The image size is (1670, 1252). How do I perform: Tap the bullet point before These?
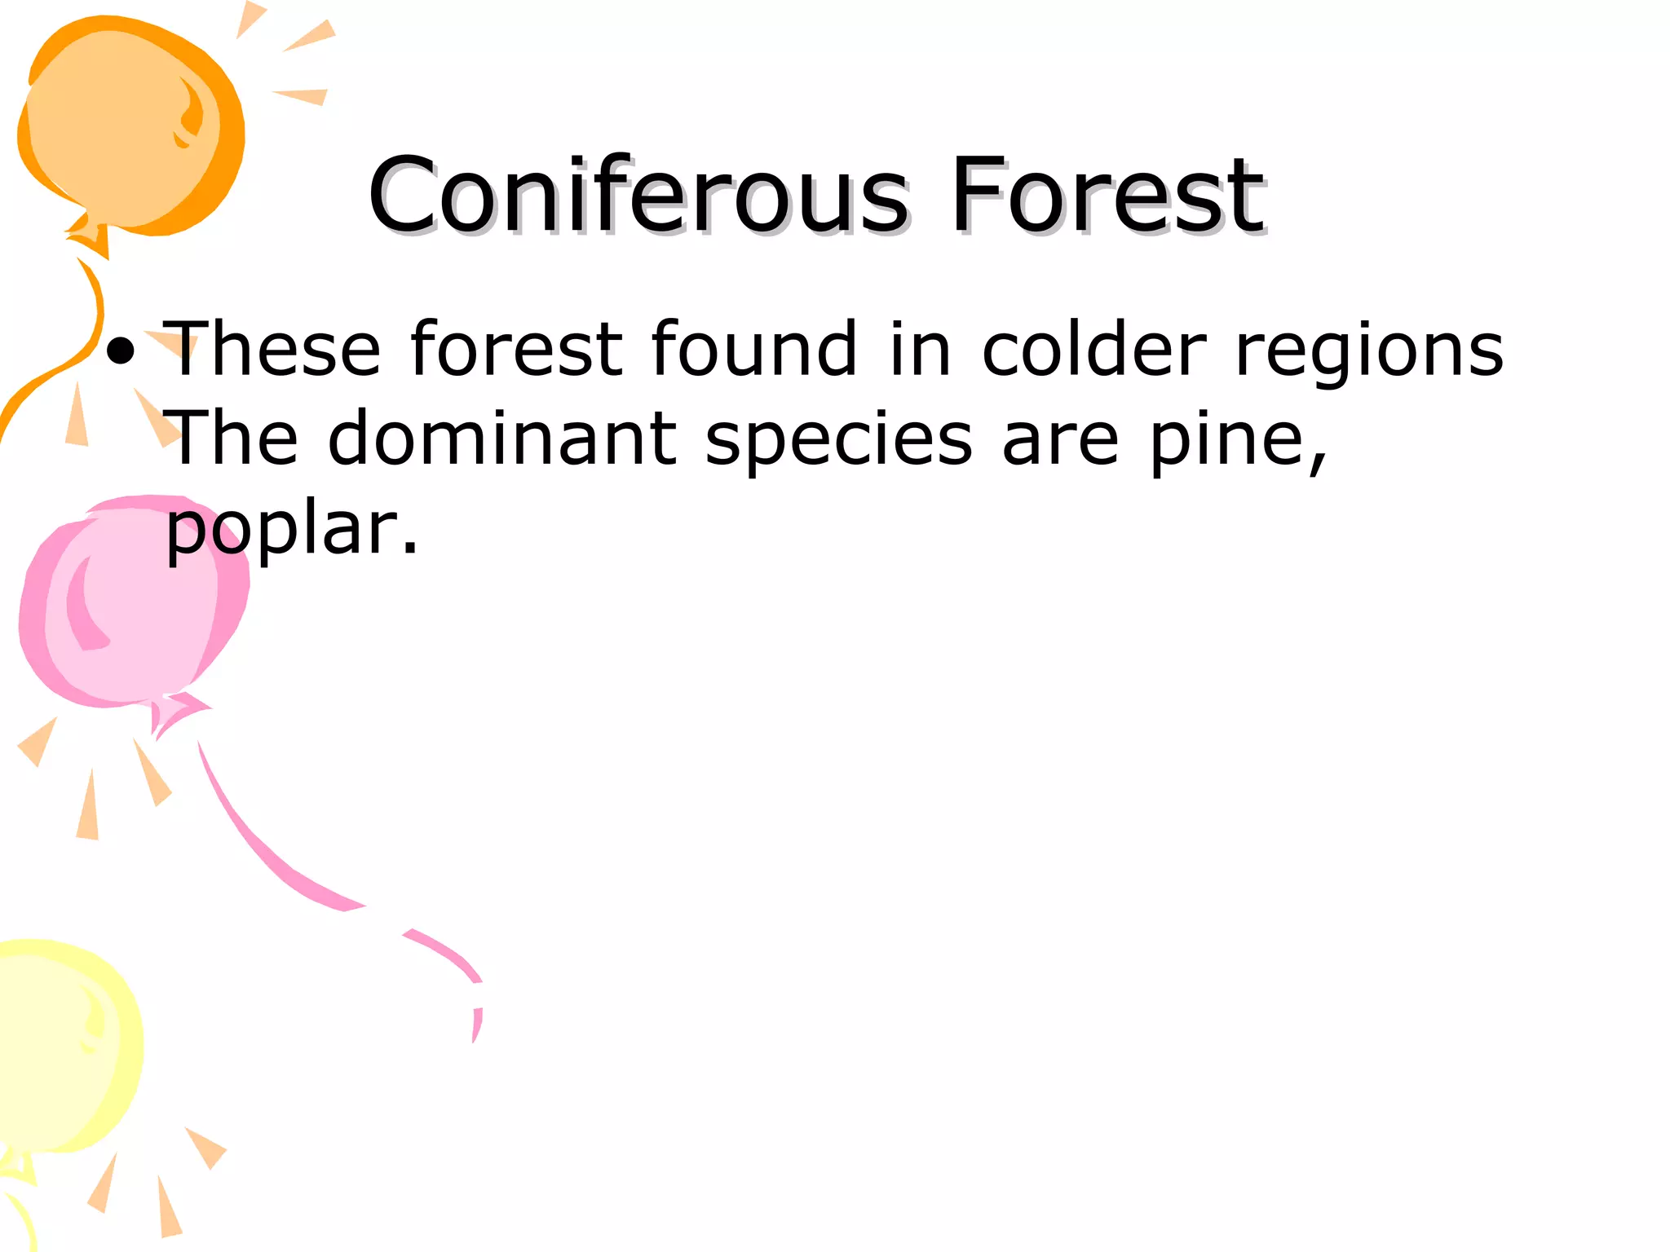point(121,351)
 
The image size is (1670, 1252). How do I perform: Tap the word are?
point(1060,440)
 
